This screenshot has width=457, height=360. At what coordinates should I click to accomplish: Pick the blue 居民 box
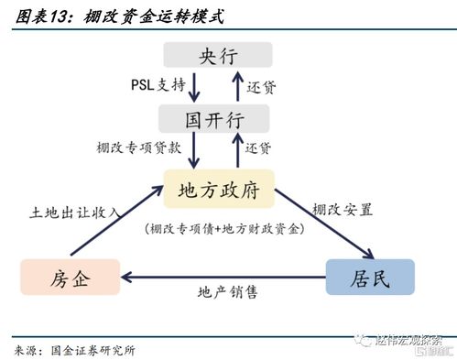coord(370,276)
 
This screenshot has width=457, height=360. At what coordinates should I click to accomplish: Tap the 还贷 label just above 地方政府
coord(259,148)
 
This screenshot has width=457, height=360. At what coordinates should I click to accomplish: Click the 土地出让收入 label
coord(76,213)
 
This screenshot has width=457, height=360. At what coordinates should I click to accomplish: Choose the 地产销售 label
coord(228,293)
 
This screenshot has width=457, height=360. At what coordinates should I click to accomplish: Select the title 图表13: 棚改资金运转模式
coord(119,17)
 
